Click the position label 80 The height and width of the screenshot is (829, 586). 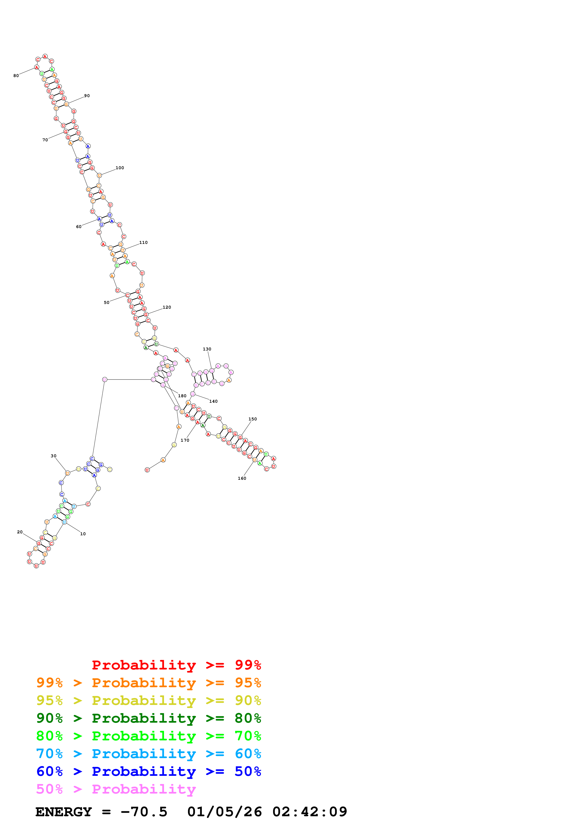pyautogui.click(x=16, y=76)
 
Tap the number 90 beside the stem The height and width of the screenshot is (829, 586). pyautogui.click(x=87, y=96)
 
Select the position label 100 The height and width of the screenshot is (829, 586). pyautogui.click(x=120, y=168)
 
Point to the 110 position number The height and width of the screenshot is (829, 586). pyautogui.click(x=143, y=243)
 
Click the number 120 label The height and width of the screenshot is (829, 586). pyautogui.click(x=167, y=307)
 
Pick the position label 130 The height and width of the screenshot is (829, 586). pyautogui.click(x=207, y=349)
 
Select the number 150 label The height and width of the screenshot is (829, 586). pyautogui.click(x=253, y=419)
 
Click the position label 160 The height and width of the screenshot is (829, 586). pyautogui.click(x=242, y=478)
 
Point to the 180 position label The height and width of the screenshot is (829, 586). pyautogui.click(x=182, y=396)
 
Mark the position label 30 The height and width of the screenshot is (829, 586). pyautogui.click(x=53, y=456)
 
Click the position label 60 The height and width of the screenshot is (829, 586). pyautogui.click(x=79, y=227)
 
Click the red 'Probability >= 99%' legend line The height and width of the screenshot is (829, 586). pyautogui.click(x=176, y=665)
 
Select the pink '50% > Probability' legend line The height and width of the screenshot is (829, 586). pyautogui.click(x=116, y=789)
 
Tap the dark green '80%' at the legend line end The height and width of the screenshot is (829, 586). pyautogui.click(x=248, y=718)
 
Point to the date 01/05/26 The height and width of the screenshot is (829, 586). pyautogui.click(x=225, y=812)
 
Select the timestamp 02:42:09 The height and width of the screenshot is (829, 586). pyautogui.click(x=310, y=812)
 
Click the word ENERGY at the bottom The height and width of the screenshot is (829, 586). pyautogui.click(x=64, y=812)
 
